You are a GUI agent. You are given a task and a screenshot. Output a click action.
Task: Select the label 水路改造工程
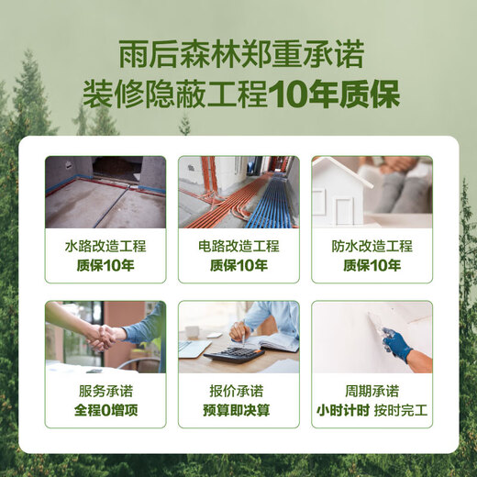click(x=105, y=247)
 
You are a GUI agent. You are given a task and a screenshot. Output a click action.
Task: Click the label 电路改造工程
click(x=238, y=247)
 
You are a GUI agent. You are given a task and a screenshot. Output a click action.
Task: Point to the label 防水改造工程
click(x=372, y=247)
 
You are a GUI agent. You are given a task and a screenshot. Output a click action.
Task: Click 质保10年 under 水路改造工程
click(x=105, y=266)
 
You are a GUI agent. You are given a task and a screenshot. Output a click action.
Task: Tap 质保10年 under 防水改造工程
click(x=372, y=266)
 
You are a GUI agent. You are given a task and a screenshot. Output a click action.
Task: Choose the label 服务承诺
click(x=105, y=391)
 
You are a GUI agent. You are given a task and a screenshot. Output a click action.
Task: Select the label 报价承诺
click(x=238, y=391)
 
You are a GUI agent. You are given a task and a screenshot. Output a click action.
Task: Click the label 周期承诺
click(x=372, y=391)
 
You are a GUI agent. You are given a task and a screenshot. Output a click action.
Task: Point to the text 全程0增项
click(x=105, y=410)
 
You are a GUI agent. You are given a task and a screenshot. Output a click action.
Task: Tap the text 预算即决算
click(x=238, y=410)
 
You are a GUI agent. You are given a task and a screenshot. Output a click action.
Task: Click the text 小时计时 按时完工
click(x=372, y=410)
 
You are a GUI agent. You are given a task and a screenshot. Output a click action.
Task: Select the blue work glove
click(x=396, y=346)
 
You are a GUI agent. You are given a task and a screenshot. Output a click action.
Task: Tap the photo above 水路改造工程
click(x=105, y=192)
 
